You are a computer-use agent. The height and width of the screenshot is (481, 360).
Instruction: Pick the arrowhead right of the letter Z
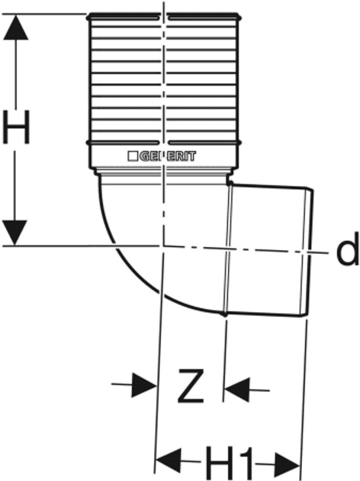[237, 386]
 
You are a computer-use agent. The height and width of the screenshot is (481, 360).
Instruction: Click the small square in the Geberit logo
[132, 156]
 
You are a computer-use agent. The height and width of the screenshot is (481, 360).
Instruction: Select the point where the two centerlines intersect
[163, 246]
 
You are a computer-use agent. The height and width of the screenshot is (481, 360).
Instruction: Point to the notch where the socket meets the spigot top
[229, 183]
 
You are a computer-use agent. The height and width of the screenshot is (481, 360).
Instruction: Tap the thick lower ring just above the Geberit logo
[163, 142]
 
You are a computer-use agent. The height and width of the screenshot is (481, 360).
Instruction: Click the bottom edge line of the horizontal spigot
[264, 316]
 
